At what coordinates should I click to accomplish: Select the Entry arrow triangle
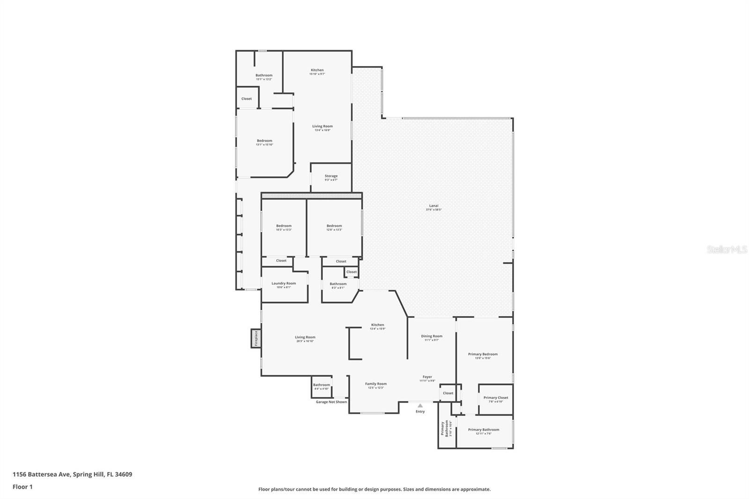[420, 406]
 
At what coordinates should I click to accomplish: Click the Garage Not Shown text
[331, 402]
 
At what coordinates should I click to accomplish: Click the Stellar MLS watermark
[727, 250]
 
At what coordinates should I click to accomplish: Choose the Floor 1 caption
[22, 487]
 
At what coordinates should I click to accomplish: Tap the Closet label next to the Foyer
[448, 393]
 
